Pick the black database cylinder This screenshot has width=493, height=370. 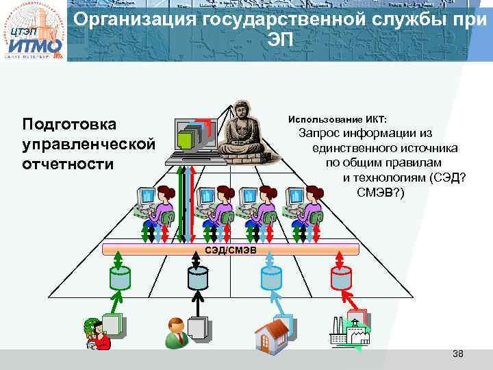pyautogui.click(x=198, y=278)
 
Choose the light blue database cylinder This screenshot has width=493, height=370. pyautogui.click(x=271, y=278)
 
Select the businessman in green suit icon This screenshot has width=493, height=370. pyautogui.click(x=176, y=332)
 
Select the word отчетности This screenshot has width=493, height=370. pyautogui.click(x=68, y=164)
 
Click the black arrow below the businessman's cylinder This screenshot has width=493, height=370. pyautogui.click(x=198, y=304)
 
